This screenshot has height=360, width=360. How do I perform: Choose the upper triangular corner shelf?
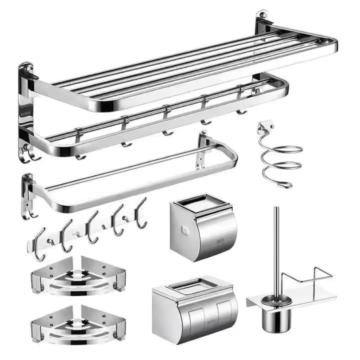click(77, 276)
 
